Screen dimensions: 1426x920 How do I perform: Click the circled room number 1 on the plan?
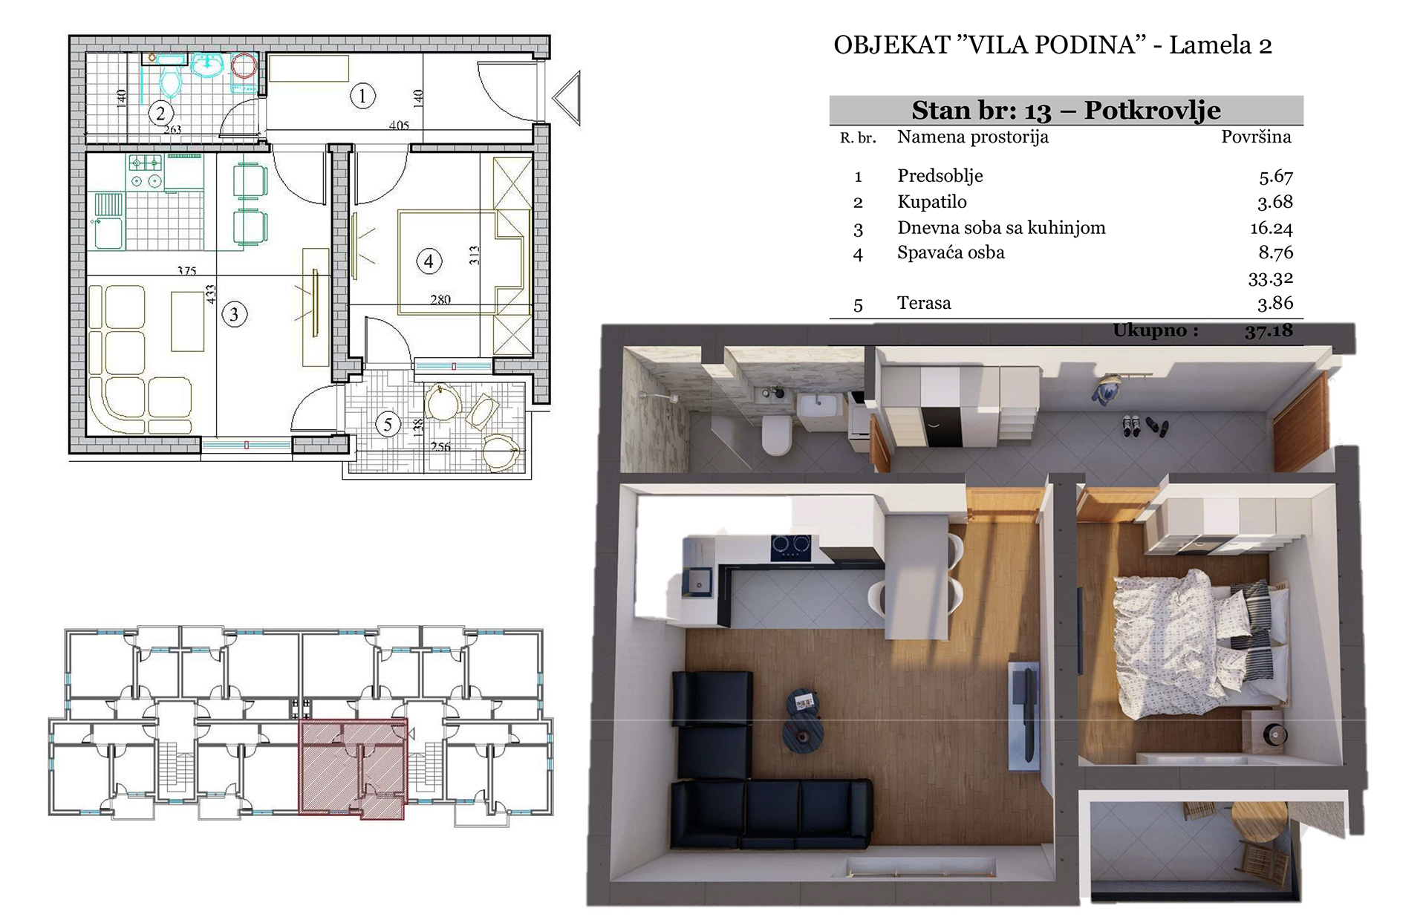[x=362, y=96]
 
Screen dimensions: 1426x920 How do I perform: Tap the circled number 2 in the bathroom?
[x=160, y=114]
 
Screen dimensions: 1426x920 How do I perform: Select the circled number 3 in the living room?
[x=235, y=314]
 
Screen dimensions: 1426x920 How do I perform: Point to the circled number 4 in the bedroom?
[x=429, y=261]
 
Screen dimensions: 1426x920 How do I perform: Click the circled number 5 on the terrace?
[x=388, y=425]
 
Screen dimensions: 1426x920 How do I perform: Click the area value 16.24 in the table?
[x=1272, y=228]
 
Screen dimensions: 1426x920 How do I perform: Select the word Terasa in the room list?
[x=924, y=303]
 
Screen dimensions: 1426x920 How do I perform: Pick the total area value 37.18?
[x=1269, y=330]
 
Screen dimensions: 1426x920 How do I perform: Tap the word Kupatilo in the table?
[x=932, y=202]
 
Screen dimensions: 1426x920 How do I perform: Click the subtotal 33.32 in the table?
[x=1271, y=278]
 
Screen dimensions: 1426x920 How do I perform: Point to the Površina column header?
[x=1256, y=137]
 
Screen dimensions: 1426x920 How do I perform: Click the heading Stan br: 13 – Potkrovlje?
[x=1066, y=111]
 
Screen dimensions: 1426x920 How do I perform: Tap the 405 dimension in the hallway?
[x=399, y=125]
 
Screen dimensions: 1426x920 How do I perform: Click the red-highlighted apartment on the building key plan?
[x=353, y=769]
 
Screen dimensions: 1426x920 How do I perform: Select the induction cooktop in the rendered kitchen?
[x=790, y=547]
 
